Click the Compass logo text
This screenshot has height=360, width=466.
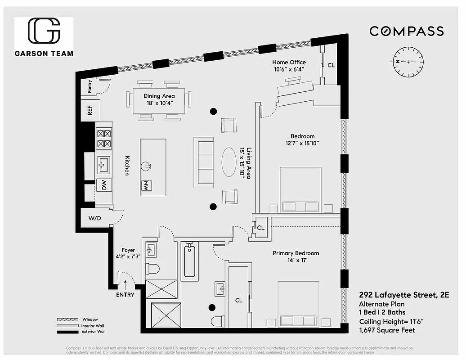click(x=407, y=31)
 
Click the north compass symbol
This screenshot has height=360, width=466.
click(x=408, y=62)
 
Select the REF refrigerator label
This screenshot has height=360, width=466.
click(x=90, y=111)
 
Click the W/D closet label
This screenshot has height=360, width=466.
click(x=95, y=219)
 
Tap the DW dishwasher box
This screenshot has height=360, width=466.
click(x=103, y=185)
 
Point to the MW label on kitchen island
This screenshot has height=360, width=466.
click(x=145, y=185)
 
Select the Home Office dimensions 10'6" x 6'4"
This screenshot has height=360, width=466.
click(x=289, y=69)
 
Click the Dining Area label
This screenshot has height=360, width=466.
click(x=159, y=96)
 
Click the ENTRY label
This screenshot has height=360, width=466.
click(x=125, y=295)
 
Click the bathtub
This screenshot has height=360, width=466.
click(x=189, y=260)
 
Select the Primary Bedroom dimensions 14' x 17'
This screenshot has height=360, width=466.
click(x=296, y=261)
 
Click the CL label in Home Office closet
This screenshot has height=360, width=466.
click(x=331, y=65)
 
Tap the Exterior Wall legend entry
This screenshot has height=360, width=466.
click(x=94, y=332)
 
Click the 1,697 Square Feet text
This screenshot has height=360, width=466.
click(x=387, y=330)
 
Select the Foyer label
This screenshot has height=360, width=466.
click(x=128, y=250)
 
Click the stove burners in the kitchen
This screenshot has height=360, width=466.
click(x=104, y=139)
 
